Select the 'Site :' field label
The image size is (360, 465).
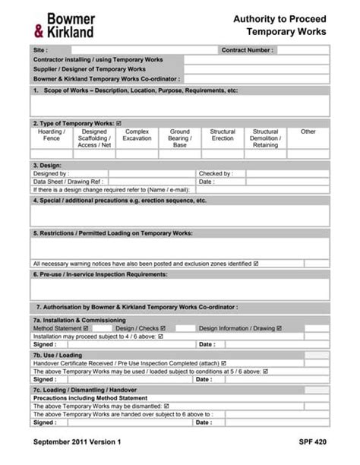tap(41, 50)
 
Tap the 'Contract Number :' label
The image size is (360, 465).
tap(247, 50)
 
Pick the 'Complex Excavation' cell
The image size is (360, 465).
tap(137, 135)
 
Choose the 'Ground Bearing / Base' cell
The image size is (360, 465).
tap(179, 138)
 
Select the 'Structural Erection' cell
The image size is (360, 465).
tap(223, 135)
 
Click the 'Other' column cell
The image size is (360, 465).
tap(308, 132)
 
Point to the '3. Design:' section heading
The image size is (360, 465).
tap(47, 165)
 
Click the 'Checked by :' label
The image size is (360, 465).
tap(216, 173)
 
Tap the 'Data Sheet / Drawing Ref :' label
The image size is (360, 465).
tap(68, 182)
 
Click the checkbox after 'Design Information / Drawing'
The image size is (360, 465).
tap(279, 328)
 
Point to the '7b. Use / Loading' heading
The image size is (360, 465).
tap(58, 355)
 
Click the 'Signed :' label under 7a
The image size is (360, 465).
tap(45, 344)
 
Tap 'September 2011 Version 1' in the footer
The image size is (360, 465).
tap(75, 442)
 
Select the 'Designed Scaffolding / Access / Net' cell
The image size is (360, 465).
tap(94, 138)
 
